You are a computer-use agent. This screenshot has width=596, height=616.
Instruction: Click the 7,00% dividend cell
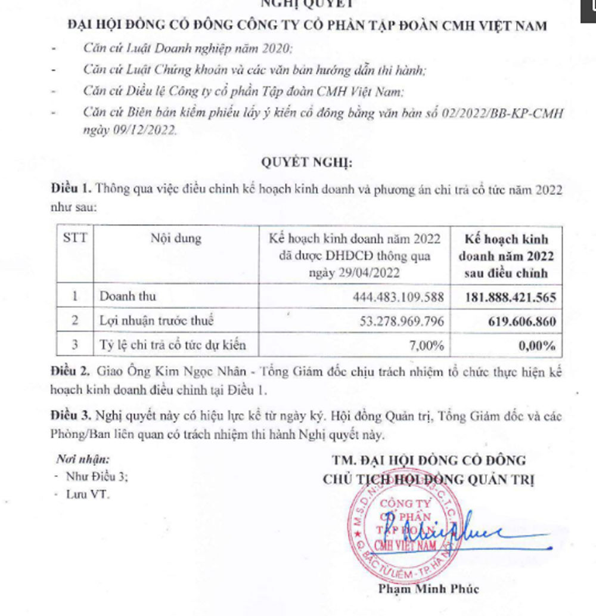[426, 345]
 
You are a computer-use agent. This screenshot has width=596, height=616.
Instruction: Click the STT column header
[75, 239]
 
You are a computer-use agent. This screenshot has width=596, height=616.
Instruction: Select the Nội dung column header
[176, 239]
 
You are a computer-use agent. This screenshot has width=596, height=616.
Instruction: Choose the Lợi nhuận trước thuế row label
[156, 321]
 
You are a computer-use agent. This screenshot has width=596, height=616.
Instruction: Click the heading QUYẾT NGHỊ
[307, 162]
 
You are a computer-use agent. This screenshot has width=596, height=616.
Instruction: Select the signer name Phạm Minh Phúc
[428, 590]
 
